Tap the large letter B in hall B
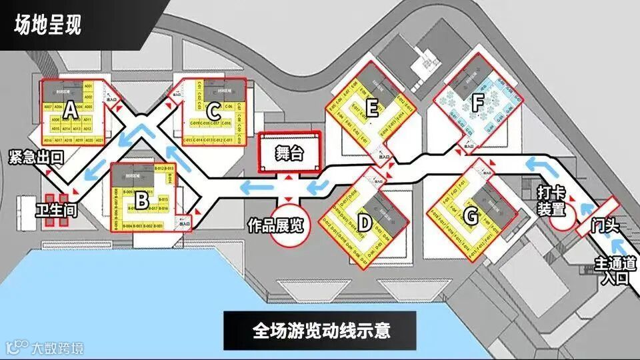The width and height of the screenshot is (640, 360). coord(141,199)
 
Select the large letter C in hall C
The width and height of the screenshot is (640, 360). coord(213,110)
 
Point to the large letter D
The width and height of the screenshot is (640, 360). coord(364,219)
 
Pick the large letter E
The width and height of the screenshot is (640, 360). coord(372,107)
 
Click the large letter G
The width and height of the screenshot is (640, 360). coord(471,215)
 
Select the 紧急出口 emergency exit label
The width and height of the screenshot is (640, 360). coord(35,157)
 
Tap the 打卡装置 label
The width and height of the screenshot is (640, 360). coord(551,200)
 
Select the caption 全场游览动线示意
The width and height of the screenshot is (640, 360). coord(321,330)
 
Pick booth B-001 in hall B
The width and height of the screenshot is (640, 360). coord(159,227)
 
